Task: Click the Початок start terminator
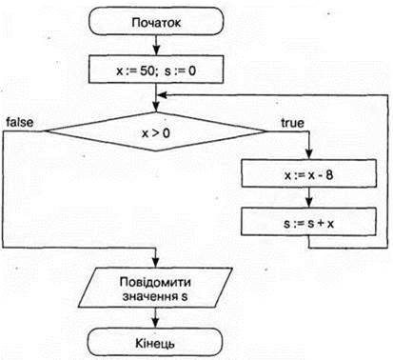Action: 156,21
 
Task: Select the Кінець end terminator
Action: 155,342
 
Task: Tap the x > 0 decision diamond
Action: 156,131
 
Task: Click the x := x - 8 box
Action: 309,173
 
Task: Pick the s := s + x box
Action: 309,222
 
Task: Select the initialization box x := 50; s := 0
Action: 156,70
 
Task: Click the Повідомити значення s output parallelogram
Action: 155,288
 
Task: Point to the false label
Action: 20,123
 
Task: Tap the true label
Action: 292,123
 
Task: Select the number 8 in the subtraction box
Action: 329,174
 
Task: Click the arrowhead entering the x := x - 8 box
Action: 309,154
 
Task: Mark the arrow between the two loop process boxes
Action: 309,197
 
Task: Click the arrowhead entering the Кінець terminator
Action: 155,323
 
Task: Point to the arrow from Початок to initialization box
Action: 156,45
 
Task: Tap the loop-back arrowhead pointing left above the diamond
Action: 162,95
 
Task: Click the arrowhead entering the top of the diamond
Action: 156,107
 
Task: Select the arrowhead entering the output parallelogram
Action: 155,263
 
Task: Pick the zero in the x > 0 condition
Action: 166,133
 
